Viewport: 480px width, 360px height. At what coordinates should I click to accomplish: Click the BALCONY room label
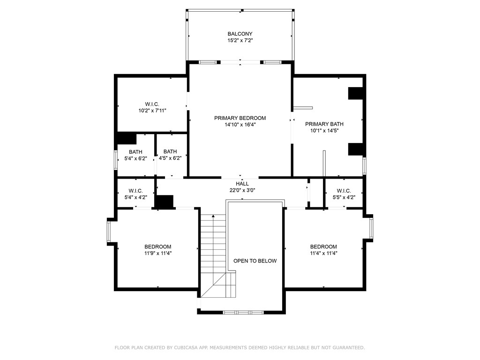(240, 34)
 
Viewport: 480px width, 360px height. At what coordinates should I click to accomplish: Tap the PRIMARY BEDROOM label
(240, 118)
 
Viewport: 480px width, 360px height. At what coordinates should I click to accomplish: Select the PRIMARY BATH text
(324, 124)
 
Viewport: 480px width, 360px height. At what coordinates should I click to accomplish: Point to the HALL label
(242, 184)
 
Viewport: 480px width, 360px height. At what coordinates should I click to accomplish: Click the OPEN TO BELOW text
(255, 261)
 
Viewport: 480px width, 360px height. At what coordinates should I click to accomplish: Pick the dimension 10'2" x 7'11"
(152, 111)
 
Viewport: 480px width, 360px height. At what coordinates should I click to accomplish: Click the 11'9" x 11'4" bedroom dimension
(158, 253)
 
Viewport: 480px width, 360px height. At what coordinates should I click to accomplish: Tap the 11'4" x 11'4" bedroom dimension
(323, 253)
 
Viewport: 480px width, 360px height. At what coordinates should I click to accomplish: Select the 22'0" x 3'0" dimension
(242, 190)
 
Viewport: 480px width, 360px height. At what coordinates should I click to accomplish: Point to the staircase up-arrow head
(213, 217)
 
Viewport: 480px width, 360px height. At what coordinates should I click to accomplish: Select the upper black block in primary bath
(355, 93)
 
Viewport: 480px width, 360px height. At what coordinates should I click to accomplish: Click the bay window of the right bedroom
(371, 228)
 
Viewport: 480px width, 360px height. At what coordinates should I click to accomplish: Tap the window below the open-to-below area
(243, 312)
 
